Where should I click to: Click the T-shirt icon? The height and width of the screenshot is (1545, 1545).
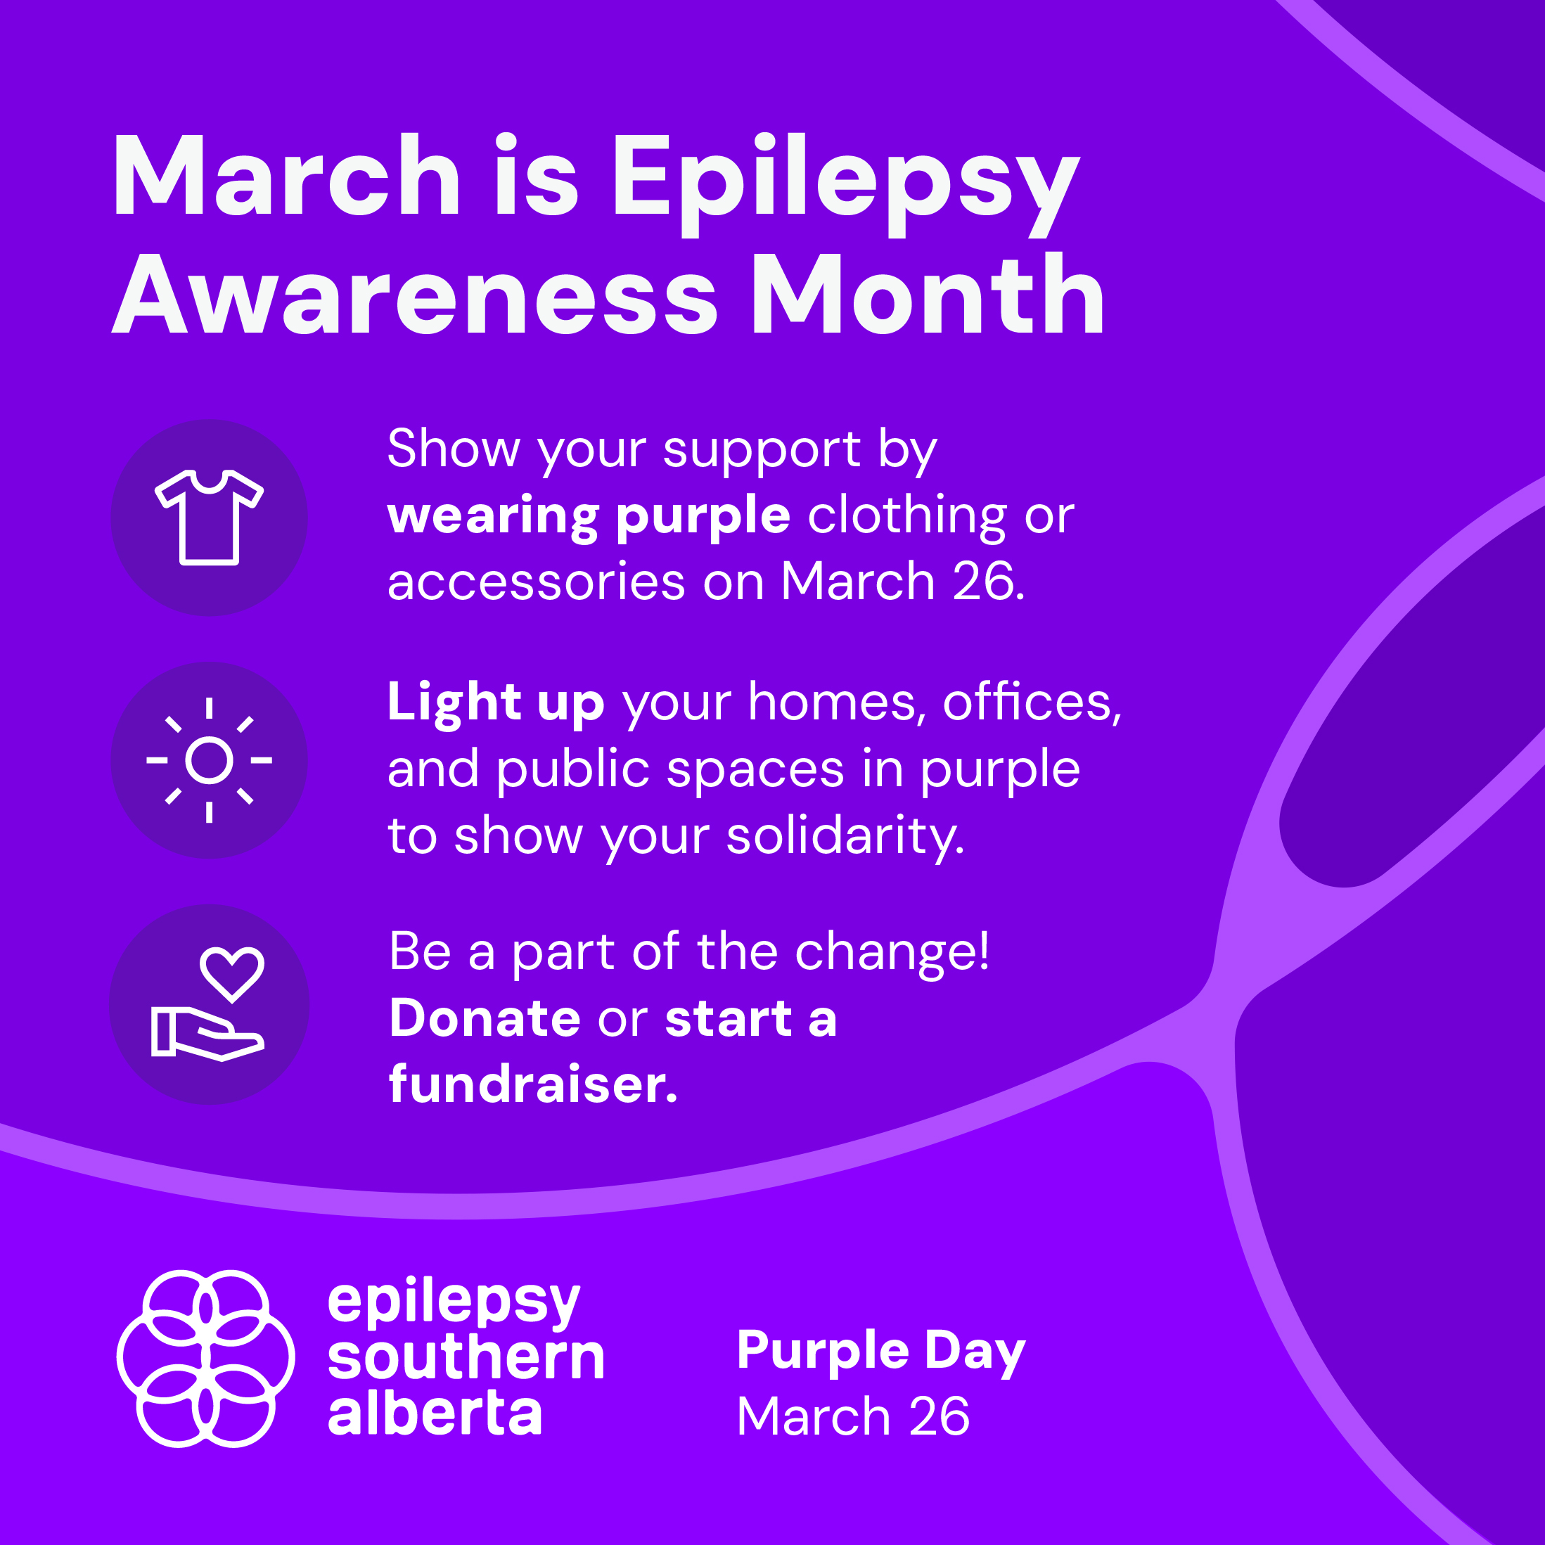209,518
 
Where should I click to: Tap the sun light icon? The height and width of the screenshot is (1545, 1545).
209,759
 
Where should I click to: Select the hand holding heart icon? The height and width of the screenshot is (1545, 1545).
208,1004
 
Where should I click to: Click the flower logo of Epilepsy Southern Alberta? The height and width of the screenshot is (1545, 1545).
205,1359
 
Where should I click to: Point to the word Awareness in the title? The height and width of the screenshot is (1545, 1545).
415,295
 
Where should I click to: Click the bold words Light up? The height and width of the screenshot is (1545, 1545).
496,704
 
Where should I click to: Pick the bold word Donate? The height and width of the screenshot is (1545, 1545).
485,1018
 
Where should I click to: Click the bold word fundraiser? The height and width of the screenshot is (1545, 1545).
533,1084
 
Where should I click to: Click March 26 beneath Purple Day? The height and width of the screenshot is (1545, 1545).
853,1416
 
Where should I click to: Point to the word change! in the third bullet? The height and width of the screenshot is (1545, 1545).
892,952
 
